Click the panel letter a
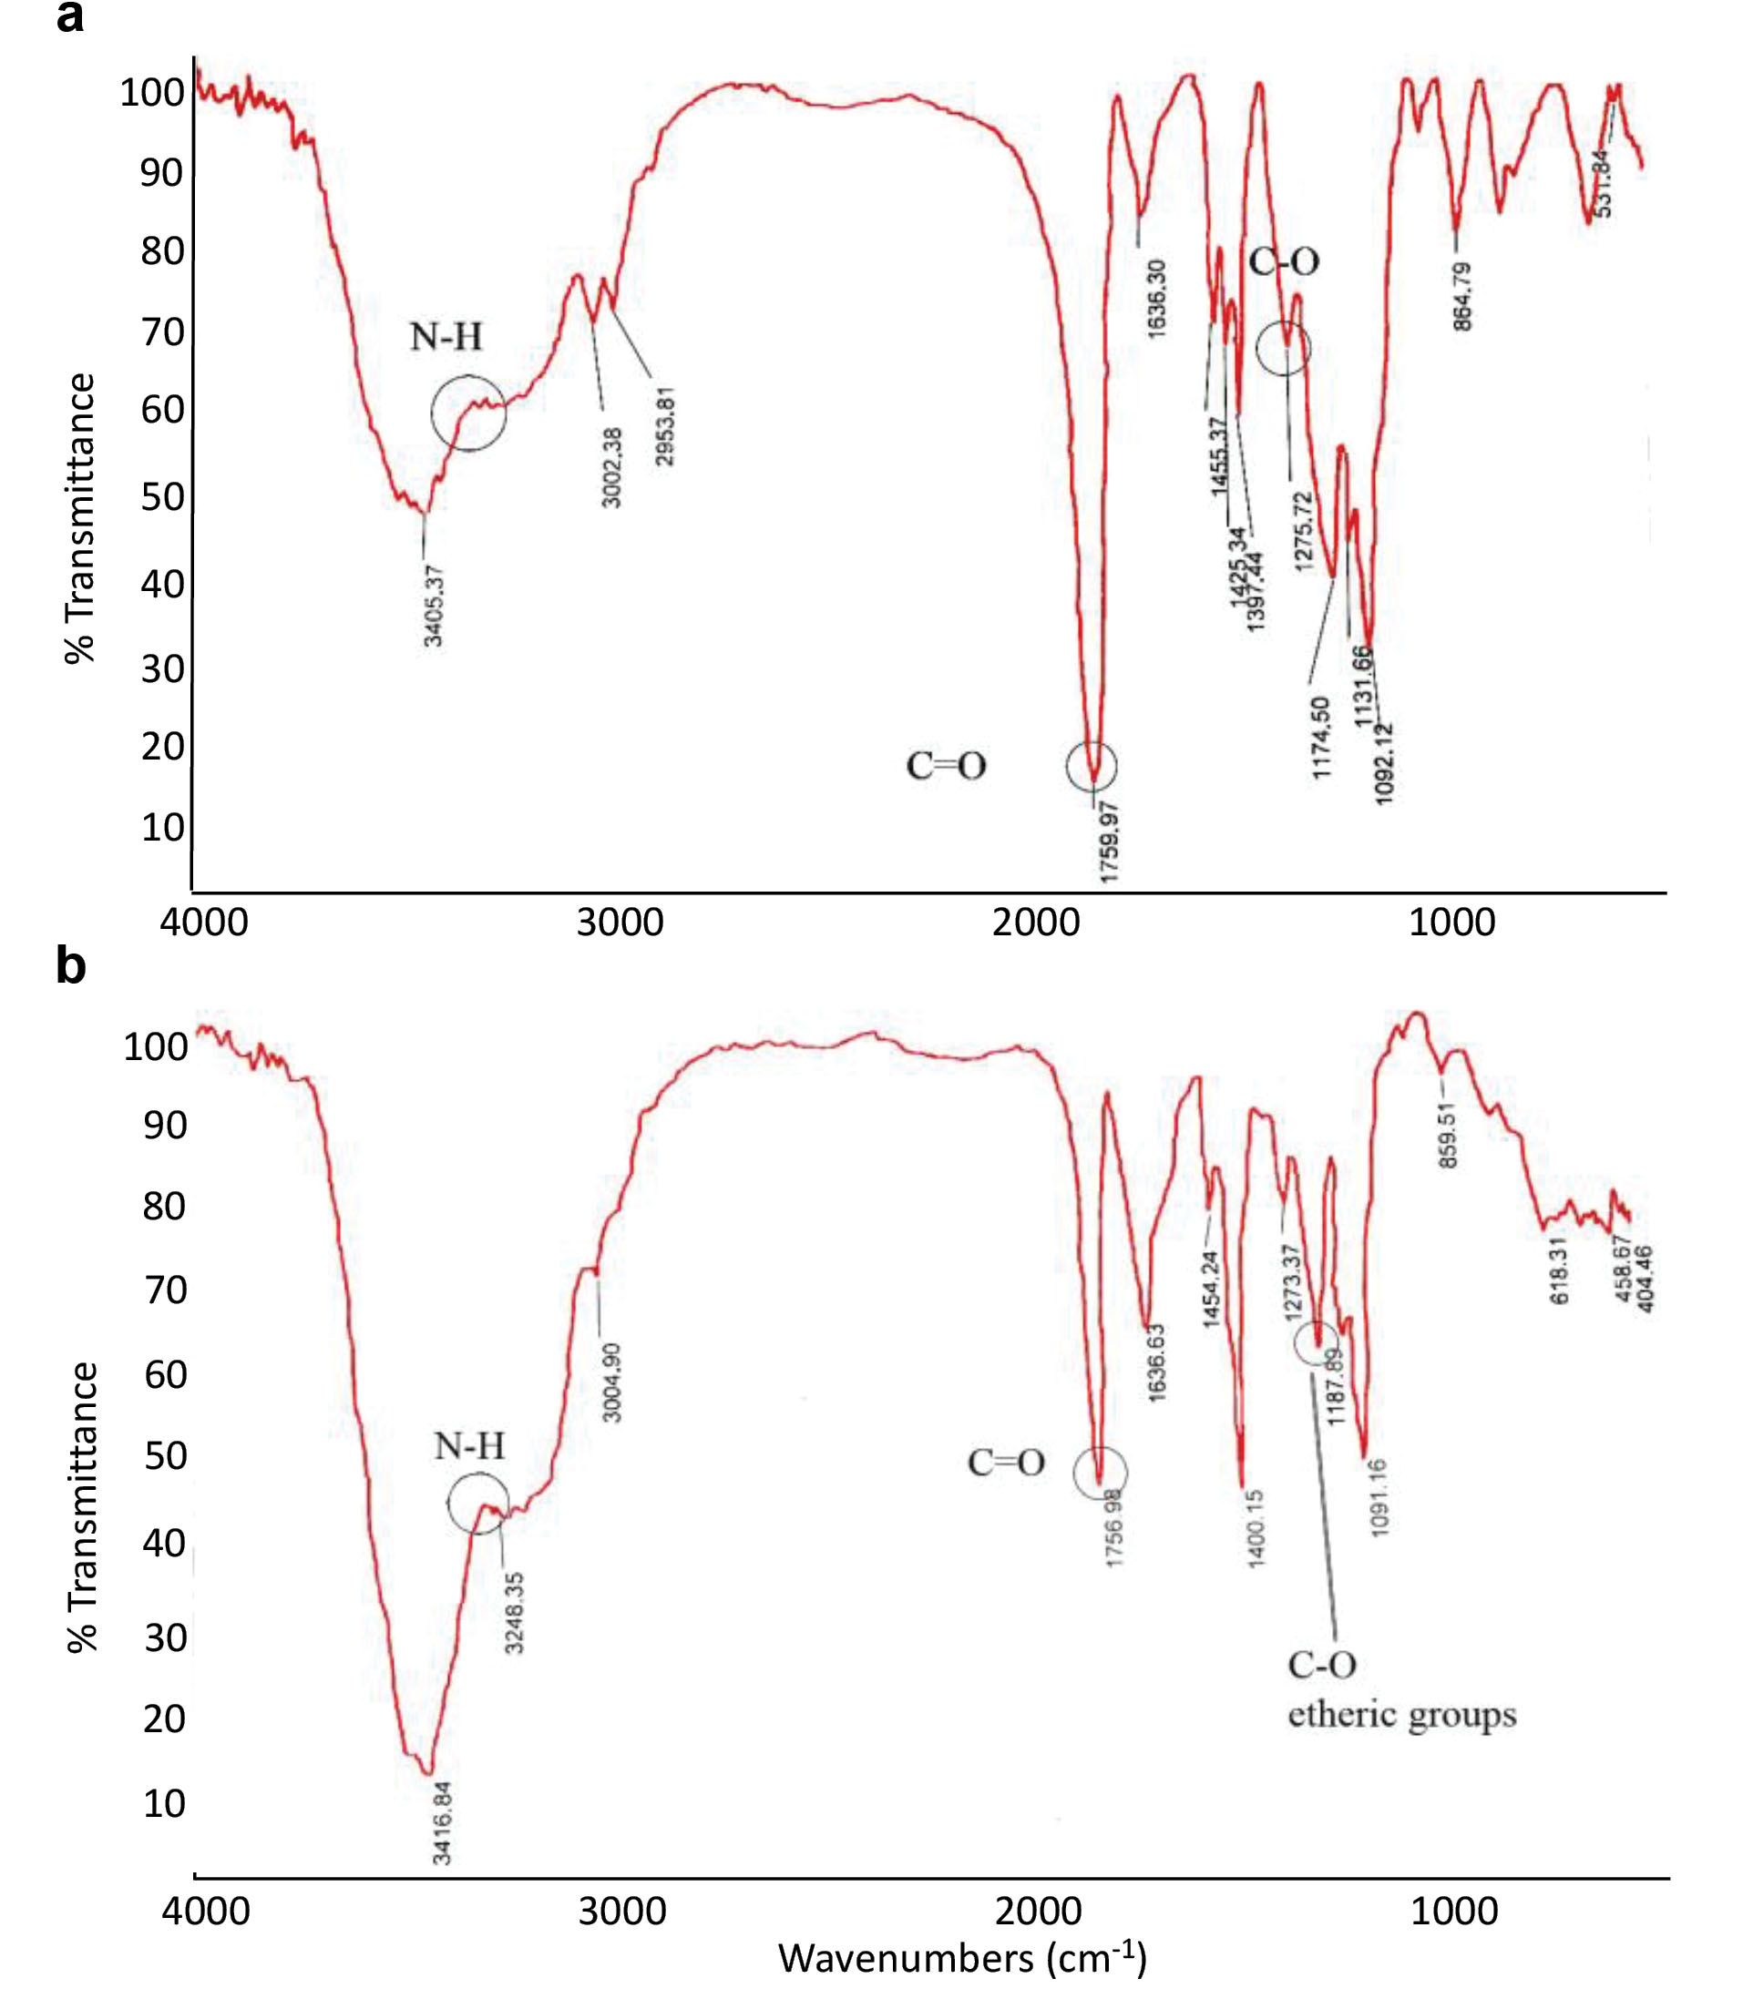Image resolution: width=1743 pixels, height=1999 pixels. (x=70, y=17)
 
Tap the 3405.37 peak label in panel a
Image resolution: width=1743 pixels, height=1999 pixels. (x=435, y=604)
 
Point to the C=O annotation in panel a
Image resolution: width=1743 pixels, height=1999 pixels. (x=946, y=767)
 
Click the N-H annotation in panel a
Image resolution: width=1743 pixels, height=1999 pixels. (x=446, y=337)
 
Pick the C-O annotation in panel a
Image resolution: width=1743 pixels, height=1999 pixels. (x=1284, y=261)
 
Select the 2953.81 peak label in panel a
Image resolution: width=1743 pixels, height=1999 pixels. (x=665, y=426)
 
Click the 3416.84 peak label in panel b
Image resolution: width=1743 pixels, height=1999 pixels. (x=443, y=1823)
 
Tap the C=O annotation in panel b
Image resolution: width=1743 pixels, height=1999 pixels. (x=1005, y=1463)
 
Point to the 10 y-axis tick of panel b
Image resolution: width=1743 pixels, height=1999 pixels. (x=164, y=1803)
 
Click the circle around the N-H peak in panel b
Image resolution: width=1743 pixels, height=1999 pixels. (x=477, y=1504)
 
